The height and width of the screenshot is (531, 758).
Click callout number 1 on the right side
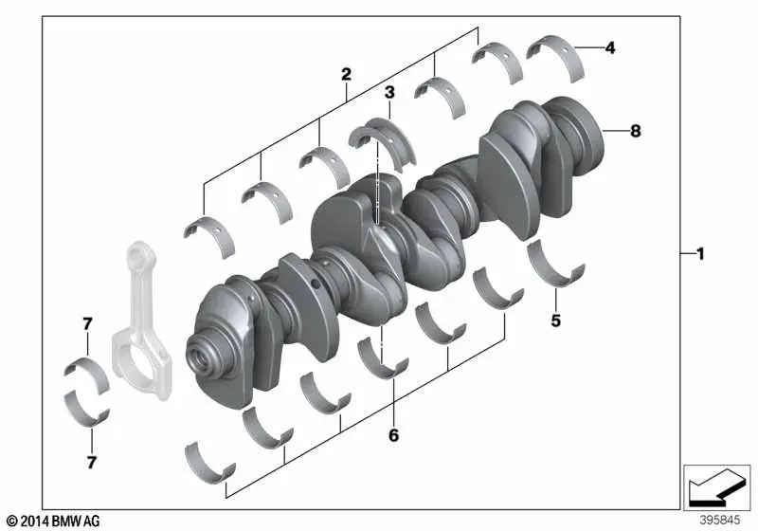[700, 254]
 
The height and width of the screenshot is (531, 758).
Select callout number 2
[346, 75]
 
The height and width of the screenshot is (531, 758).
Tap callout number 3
[389, 92]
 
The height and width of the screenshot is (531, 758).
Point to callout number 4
[610, 47]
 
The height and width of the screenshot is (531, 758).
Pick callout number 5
[556, 320]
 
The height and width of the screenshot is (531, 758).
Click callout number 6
[394, 435]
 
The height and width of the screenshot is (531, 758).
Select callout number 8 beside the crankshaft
[636, 131]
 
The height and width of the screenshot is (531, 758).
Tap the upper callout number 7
[87, 324]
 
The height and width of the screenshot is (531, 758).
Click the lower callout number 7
[92, 463]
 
